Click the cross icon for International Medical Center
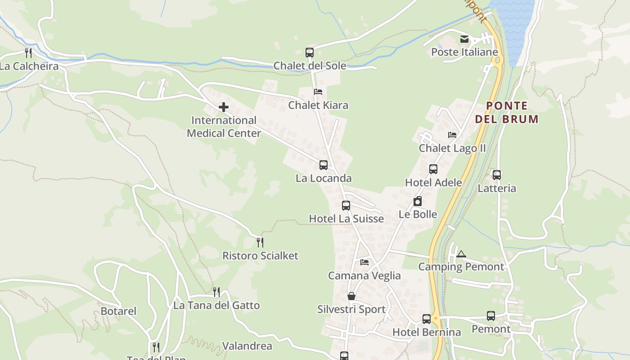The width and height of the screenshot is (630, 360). coord(223,107)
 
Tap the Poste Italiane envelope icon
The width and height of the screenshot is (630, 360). coord(464,39)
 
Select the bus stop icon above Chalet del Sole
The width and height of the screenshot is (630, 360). coord(310,52)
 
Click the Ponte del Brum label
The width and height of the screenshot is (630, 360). coord(507,112)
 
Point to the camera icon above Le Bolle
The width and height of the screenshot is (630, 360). coord(418,201)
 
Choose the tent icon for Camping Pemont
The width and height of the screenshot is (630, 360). coord(461,254)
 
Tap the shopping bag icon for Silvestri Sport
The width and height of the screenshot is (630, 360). coord(351,296)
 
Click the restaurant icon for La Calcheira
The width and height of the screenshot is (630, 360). coord(28,53)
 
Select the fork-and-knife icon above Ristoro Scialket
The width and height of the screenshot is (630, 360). coord(260,243)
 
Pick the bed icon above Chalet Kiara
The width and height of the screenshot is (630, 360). coord(318,92)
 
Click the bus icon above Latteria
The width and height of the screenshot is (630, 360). coord(497,175)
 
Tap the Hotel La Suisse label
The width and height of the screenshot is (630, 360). coord(346,219)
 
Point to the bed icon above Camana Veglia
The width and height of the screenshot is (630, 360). coord(364,262)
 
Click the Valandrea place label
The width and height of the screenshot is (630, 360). coord(247,346)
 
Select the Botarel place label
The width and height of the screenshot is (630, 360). coord(118,311)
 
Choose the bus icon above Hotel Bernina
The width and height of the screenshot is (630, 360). coord(427,319)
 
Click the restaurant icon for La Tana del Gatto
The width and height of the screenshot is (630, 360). coord(216,292)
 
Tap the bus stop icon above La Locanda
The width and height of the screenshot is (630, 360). coord(324,165)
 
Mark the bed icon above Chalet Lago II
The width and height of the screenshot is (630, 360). coord(452,135)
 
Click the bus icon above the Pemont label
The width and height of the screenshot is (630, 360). coord(491,316)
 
